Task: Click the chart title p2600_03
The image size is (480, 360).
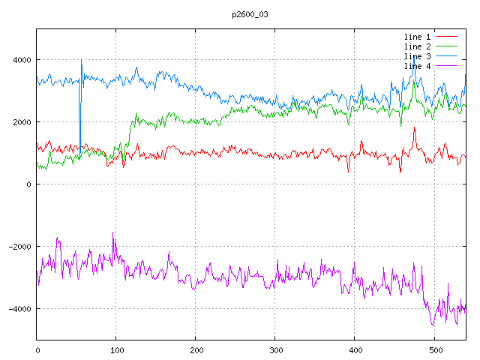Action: (250, 14)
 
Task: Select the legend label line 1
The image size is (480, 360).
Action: (418, 37)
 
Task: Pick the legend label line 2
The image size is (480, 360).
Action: (418, 46)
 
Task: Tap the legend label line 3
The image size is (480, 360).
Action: (418, 56)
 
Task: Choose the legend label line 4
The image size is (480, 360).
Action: (418, 66)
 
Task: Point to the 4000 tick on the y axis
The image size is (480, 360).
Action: (22, 60)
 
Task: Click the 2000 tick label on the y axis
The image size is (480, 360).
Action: (22, 122)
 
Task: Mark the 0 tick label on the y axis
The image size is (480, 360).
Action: (29, 184)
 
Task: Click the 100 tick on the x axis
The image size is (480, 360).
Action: (116, 349)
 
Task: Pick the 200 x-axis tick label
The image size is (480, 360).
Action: (196, 349)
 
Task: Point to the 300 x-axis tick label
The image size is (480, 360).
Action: (275, 349)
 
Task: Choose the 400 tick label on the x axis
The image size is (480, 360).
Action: (355, 349)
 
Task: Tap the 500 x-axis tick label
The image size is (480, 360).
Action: (434, 349)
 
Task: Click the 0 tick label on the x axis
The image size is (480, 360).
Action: (37, 349)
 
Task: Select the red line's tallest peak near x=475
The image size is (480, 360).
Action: (414, 128)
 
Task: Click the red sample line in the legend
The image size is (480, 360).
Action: (446, 37)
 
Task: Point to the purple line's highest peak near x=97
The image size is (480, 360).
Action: (113, 232)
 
